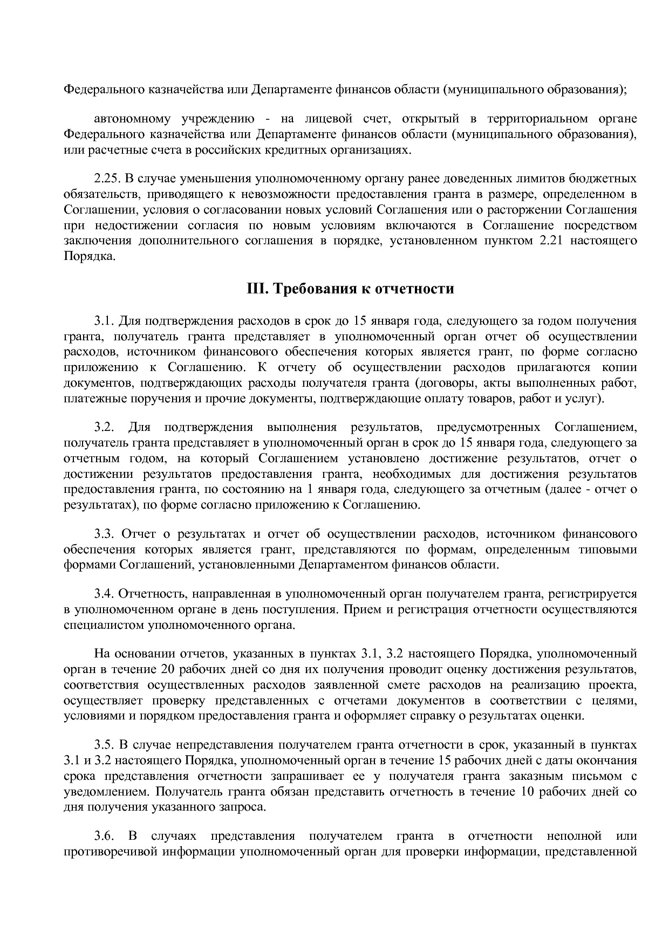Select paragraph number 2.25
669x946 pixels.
[x=107, y=179]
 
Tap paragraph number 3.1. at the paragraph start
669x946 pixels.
[x=105, y=321]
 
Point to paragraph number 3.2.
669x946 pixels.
[x=104, y=428]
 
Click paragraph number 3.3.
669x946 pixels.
[x=104, y=534]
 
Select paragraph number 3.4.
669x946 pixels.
[x=104, y=594]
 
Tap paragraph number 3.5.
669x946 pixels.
[x=104, y=745]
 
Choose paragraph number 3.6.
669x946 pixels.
[x=104, y=837]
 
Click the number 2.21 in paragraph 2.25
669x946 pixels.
[x=551, y=241]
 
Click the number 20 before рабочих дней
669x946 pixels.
[x=168, y=670]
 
